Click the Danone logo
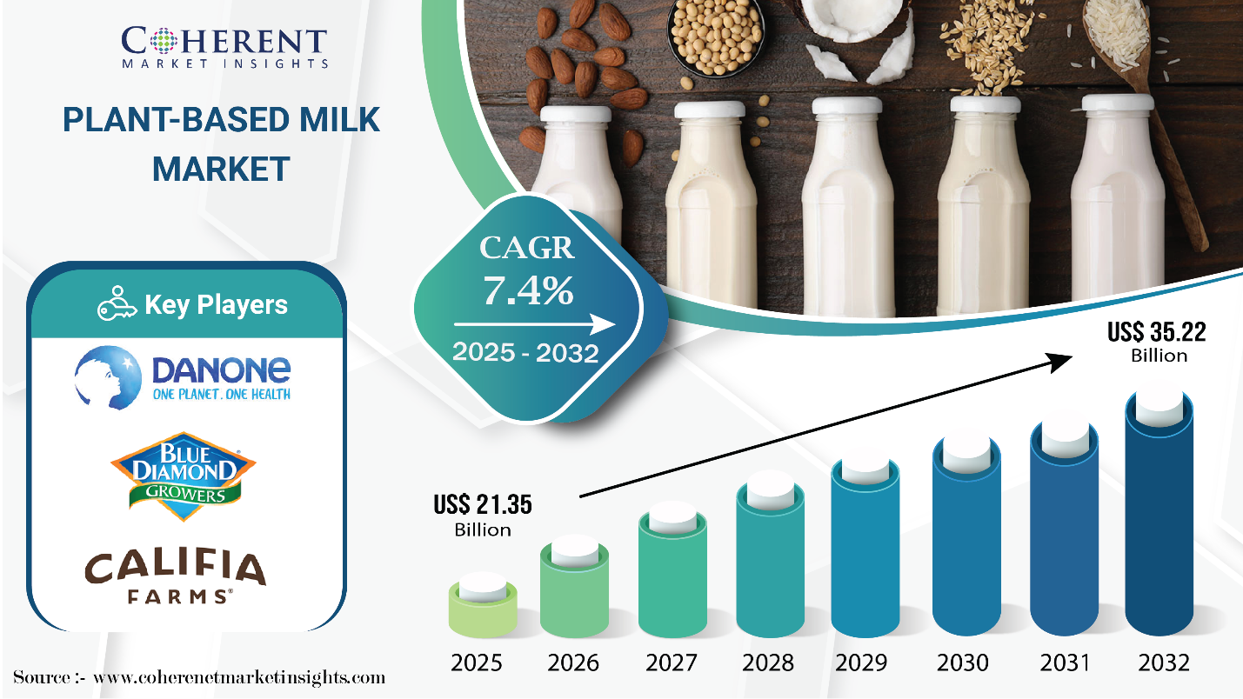pos(183,378)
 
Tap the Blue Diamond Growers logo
pos(184,476)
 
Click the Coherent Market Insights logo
pos(224,48)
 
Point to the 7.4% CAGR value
pos(528,290)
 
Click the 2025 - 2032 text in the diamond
pos(525,352)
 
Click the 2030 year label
pos(963,663)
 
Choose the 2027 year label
pos(671,663)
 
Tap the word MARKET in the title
pos(221,169)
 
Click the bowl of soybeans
pos(716,36)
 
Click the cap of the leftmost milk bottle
pos(576,114)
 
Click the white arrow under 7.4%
pos(534,324)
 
